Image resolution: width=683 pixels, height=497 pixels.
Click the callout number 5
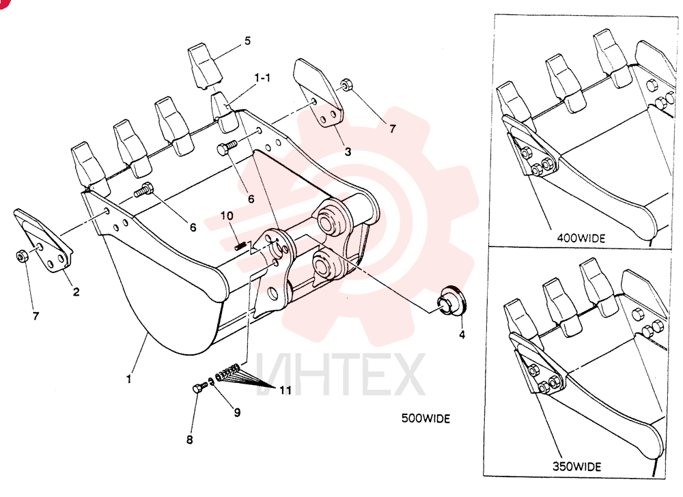coord(247,41)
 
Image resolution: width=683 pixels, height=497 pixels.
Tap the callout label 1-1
coord(262,78)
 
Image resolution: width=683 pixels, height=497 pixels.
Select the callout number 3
coord(348,152)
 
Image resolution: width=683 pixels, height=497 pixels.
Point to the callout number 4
coord(462,335)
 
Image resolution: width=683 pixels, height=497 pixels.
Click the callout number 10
coord(227,216)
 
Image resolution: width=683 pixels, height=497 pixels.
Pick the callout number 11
coord(285,390)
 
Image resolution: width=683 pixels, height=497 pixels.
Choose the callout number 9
coord(237,412)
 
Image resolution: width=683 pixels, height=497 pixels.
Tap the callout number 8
coord(189,440)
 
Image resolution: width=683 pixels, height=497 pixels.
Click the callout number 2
coord(76,292)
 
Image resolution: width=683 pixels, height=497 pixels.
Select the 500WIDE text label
coord(426,418)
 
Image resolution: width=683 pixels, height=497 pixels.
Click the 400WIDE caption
coord(581,238)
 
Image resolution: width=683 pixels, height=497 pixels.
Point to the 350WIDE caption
coord(576,466)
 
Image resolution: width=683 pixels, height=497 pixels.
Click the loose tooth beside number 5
coord(205,66)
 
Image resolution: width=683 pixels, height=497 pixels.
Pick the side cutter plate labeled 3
coord(318,93)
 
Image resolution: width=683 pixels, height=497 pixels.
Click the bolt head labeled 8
coord(197,388)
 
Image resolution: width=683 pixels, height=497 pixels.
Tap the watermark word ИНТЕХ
coord(340,374)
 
